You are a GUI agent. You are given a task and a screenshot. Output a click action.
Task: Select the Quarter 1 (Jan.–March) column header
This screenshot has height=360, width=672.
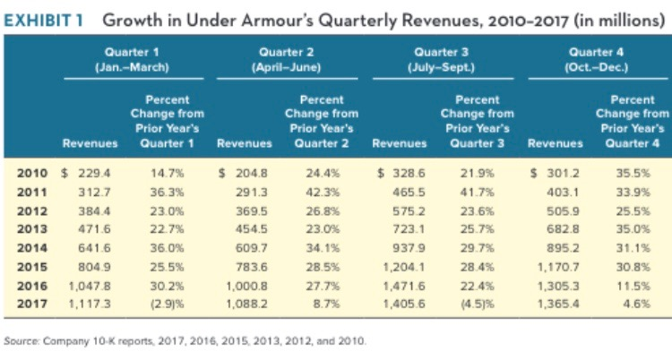point(137,59)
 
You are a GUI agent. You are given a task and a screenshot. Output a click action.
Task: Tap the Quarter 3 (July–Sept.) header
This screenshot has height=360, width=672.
point(444,59)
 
